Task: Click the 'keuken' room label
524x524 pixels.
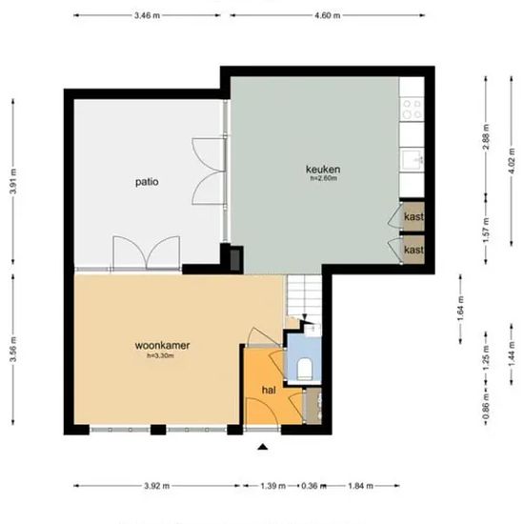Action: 324,169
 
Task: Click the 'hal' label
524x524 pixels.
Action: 269,389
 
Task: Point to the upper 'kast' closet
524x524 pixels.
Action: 413,217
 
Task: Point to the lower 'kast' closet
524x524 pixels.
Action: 413,250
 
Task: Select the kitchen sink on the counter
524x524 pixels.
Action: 413,159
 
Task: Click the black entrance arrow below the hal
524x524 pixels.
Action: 264,446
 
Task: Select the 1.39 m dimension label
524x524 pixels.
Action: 272,487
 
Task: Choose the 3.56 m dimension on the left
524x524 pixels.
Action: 12,351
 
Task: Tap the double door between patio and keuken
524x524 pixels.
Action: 208,171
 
